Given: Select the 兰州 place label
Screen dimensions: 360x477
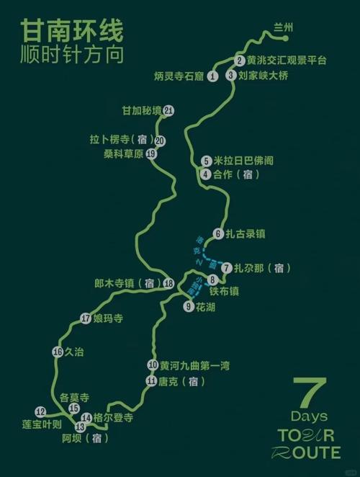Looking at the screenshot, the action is coord(284,27).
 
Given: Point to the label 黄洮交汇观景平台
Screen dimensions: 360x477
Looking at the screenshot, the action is coord(287,61).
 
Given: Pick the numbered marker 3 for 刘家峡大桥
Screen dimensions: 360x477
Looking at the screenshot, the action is coord(231,75).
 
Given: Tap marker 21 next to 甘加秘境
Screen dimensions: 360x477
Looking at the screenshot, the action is coord(168,110).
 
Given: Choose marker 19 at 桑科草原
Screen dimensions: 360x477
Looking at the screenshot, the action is coord(151,153).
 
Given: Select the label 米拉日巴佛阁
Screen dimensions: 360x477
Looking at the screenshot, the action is coord(244,161).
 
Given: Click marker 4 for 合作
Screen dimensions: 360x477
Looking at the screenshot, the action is coord(206,174).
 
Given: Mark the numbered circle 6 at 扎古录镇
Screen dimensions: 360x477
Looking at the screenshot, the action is coord(218,233).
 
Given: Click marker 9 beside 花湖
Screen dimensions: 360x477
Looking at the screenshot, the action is coord(189,306).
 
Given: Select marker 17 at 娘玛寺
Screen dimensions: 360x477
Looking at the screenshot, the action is coord(86,318).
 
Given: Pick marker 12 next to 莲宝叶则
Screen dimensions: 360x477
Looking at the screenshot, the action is coord(40,411).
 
